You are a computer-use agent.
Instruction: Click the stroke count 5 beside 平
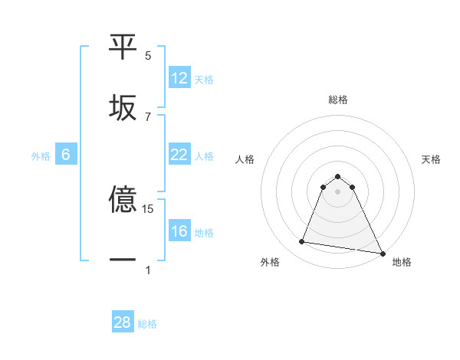[148, 56]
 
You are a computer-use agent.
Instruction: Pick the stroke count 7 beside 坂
[148, 116]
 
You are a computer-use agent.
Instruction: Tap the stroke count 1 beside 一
[148, 270]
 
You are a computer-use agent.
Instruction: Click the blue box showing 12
[179, 78]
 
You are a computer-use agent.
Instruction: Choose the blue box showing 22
[179, 155]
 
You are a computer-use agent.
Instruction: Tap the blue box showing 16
[179, 231]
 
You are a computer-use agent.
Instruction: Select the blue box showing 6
[66, 155]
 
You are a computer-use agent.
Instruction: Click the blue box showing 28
[123, 322]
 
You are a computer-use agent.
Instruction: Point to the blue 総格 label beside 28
[147, 324]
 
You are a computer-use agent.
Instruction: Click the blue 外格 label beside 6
[41, 156]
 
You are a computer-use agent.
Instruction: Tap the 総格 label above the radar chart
[337, 100]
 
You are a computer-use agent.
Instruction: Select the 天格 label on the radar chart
[431, 159]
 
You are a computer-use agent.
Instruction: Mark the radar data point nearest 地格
[382, 252]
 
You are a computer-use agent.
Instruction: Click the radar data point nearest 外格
[301, 242]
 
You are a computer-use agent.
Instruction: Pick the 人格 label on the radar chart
[245, 159]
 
